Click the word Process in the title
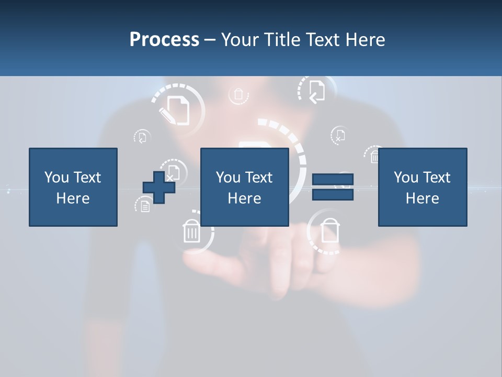click(x=164, y=40)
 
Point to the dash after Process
click(x=210, y=40)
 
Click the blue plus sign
click(x=159, y=187)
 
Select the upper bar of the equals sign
click(x=333, y=180)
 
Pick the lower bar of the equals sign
click(x=333, y=194)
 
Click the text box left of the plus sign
click(x=73, y=187)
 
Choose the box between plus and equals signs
click(x=245, y=187)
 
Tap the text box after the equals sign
click(x=423, y=187)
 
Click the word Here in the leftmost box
click(x=73, y=198)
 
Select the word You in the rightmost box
click(x=405, y=178)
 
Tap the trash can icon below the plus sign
click(x=192, y=231)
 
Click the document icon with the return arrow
click(x=316, y=91)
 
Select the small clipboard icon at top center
click(x=238, y=95)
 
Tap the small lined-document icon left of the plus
click(x=145, y=206)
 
